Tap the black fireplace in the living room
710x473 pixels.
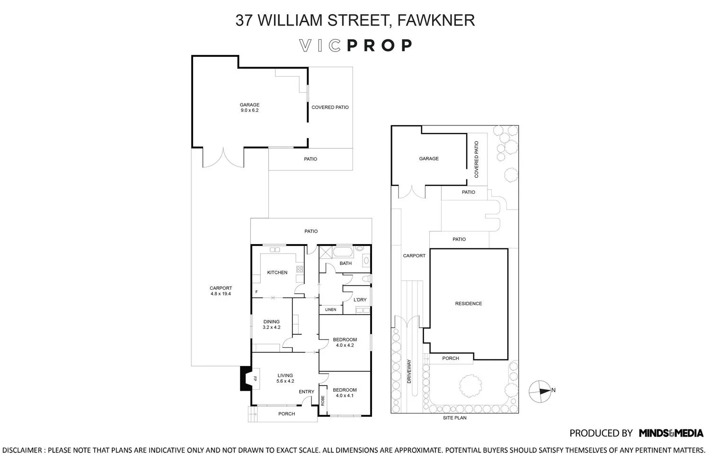point(246,378)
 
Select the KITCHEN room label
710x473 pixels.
point(277,272)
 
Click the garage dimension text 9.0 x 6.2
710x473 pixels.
point(249,110)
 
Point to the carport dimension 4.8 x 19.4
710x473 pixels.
point(221,294)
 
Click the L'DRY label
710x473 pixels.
point(360,300)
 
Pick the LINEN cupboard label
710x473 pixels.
point(330,309)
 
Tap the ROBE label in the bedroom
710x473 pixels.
point(323,401)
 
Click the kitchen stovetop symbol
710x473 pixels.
point(300,269)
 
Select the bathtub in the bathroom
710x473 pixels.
point(343,253)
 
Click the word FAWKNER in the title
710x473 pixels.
point(436,20)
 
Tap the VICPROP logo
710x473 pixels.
point(355,45)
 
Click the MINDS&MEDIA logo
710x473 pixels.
point(671,433)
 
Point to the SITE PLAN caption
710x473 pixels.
point(454,418)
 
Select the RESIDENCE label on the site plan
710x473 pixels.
point(469,304)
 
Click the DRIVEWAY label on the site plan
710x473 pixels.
point(409,371)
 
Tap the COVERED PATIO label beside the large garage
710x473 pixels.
point(330,107)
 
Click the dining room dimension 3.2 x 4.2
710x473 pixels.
point(271,327)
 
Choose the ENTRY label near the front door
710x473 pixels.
point(307,392)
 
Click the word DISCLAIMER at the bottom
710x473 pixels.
point(22,450)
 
